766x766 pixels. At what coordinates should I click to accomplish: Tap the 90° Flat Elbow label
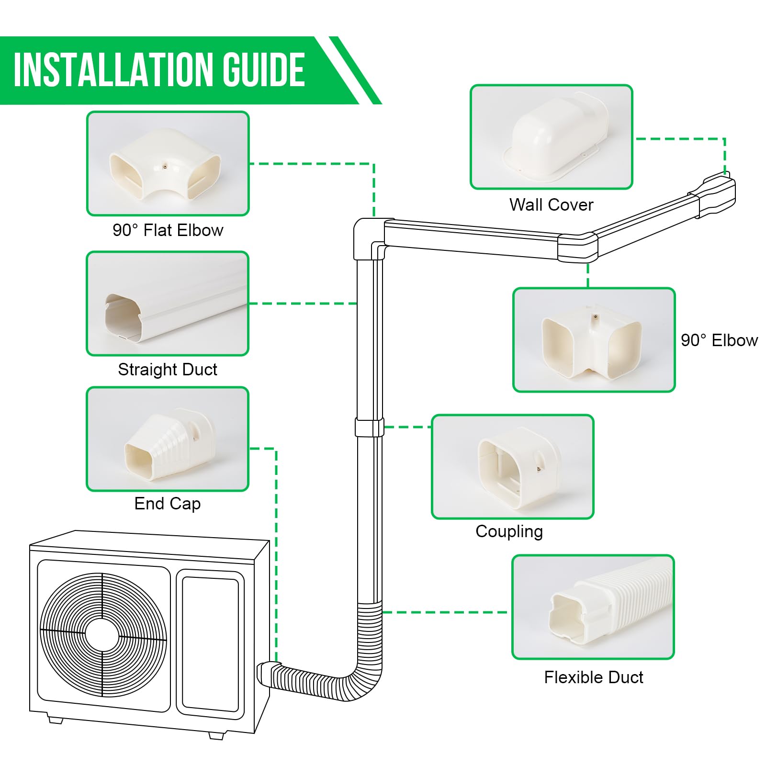[168, 230]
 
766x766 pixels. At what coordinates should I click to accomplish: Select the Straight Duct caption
[168, 370]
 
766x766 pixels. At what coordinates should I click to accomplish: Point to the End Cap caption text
[168, 504]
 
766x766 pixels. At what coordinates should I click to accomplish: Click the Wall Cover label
[551, 205]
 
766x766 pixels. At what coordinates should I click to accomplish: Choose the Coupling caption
[509, 531]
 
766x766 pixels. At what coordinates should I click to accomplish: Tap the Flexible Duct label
[594, 677]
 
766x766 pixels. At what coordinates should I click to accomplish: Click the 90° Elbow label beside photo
[719, 340]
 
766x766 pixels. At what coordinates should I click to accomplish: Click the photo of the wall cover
[552, 137]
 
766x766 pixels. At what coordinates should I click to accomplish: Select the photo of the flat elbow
[168, 164]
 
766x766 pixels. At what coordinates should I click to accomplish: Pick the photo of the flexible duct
[593, 607]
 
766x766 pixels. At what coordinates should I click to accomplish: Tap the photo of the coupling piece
[512, 467]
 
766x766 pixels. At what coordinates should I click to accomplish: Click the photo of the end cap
[168, 439]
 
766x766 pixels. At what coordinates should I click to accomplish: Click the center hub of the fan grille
[102, 635]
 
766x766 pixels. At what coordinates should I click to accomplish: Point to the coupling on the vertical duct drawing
[369, 427]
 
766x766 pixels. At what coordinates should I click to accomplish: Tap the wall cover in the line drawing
[718, 196]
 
